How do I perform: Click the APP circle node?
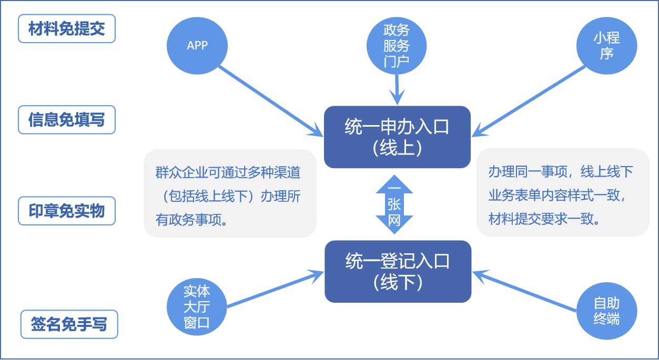click(197, 46)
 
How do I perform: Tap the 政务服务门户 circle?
click(397, 46)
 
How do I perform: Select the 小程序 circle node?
click(606, 46)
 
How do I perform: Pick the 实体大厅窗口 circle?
click(197, 306)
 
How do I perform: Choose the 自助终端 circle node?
click(606, 311)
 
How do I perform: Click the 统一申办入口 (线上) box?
click(397, 137)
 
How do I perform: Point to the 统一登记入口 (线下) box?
click(398, 271)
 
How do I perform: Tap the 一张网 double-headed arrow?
click(394, 204)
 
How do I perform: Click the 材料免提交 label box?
click(67, 29)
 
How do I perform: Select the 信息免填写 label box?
click(67, 120)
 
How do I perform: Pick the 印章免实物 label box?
click(67, 211)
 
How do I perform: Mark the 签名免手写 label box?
click(69, 324)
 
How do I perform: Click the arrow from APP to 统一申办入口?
click(268, 99)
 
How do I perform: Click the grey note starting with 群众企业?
click(230, 193)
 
